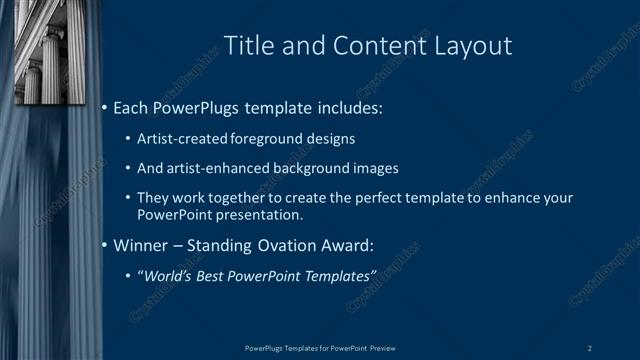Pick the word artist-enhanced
click(216, 168)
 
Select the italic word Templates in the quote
click(337, 275)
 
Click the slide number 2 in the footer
click(589, 348)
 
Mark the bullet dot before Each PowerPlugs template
click(105, 106)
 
